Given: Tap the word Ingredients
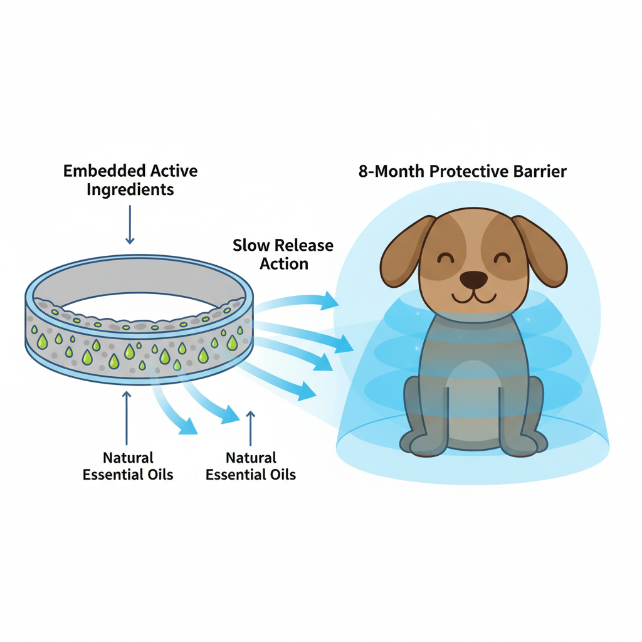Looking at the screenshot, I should [130, 190].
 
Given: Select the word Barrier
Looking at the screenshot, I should [539, 172].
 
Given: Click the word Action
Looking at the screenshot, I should [284, 264].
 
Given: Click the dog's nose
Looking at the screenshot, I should [473, 278].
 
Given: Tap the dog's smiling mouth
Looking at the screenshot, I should [473, 296].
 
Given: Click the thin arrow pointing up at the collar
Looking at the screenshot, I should [127, 416].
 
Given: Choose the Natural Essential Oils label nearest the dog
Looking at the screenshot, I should [251, 466].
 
